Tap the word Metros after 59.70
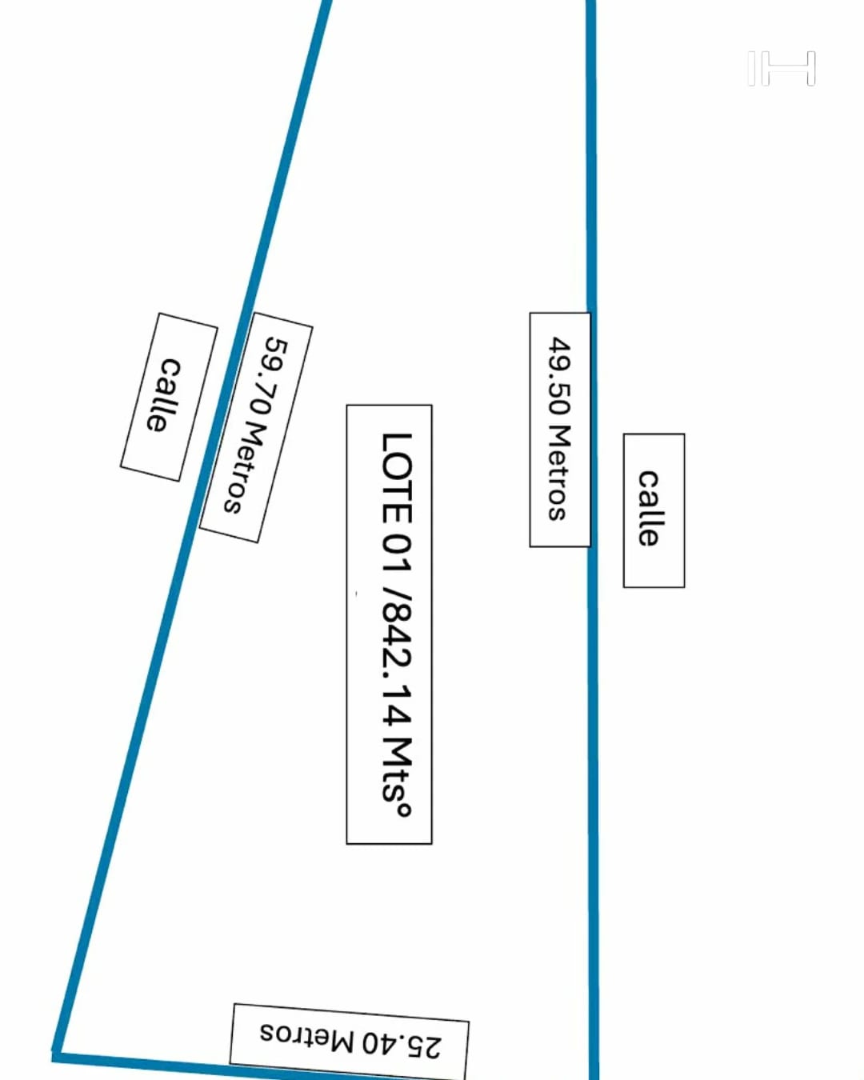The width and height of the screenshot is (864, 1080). click(x=245, y=469)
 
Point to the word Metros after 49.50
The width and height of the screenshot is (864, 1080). click(x=558, y=473)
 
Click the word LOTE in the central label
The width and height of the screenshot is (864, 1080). click(x=397, y=478)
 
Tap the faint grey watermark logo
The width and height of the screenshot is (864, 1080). click(x=782, y=68)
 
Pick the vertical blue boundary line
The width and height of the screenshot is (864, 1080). click(x=592, y=540)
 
